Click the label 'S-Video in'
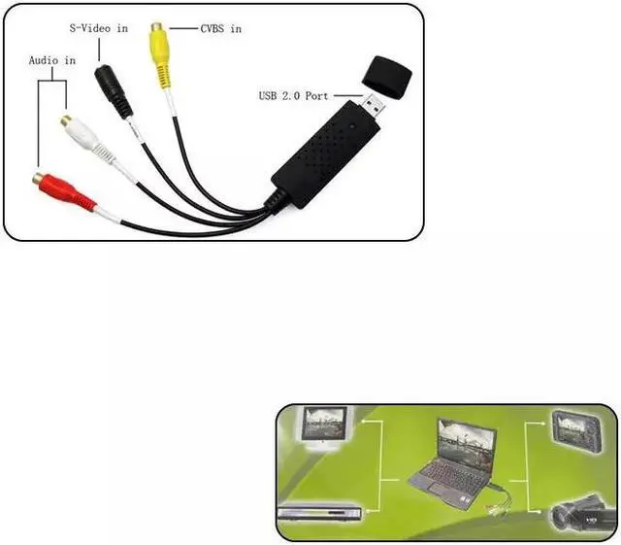(98, 28)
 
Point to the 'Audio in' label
(52, 60)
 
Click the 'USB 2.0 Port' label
(295, 95)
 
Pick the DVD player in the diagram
(315, 514)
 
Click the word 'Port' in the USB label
(318, 95)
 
